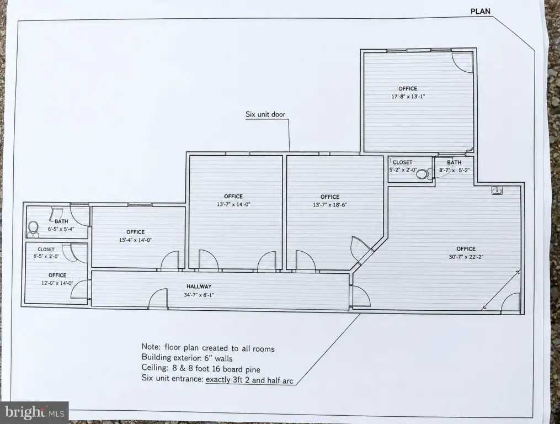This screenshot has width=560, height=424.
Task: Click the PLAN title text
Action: pos(481,12)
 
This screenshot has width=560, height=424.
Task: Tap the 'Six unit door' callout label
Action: pos(265,114)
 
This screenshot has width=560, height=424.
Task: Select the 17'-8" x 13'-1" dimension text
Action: pos(408,97)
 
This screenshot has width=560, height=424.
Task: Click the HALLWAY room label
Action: pos(199,287)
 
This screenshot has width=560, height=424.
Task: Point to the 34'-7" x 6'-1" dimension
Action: pos(199,295)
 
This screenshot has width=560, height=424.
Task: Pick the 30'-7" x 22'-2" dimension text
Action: pos(466,257)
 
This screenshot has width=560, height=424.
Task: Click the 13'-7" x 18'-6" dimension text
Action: pos(329,205)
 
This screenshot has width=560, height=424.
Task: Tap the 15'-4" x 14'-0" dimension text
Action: pos(135,240)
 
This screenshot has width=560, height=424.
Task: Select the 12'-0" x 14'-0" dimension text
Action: pos(57,283)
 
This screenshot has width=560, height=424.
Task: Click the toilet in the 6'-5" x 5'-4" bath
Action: pos(33,229)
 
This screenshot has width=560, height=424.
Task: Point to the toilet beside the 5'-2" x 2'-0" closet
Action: pos(423,174)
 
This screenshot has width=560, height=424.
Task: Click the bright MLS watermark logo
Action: pos(34,412)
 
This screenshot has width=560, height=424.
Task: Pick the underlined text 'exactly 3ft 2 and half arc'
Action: pos(249,380)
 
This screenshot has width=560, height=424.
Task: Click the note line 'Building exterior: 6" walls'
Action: pos(187,358)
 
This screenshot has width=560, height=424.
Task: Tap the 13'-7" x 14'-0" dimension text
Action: pos(233,204)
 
